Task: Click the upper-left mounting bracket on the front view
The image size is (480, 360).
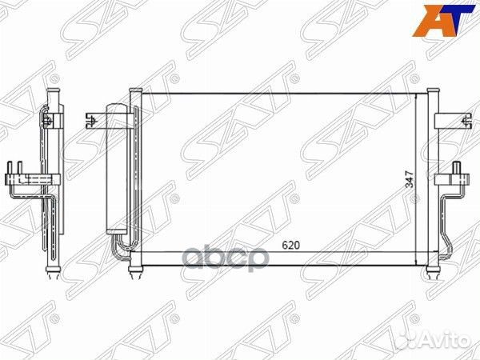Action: point(98,122)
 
